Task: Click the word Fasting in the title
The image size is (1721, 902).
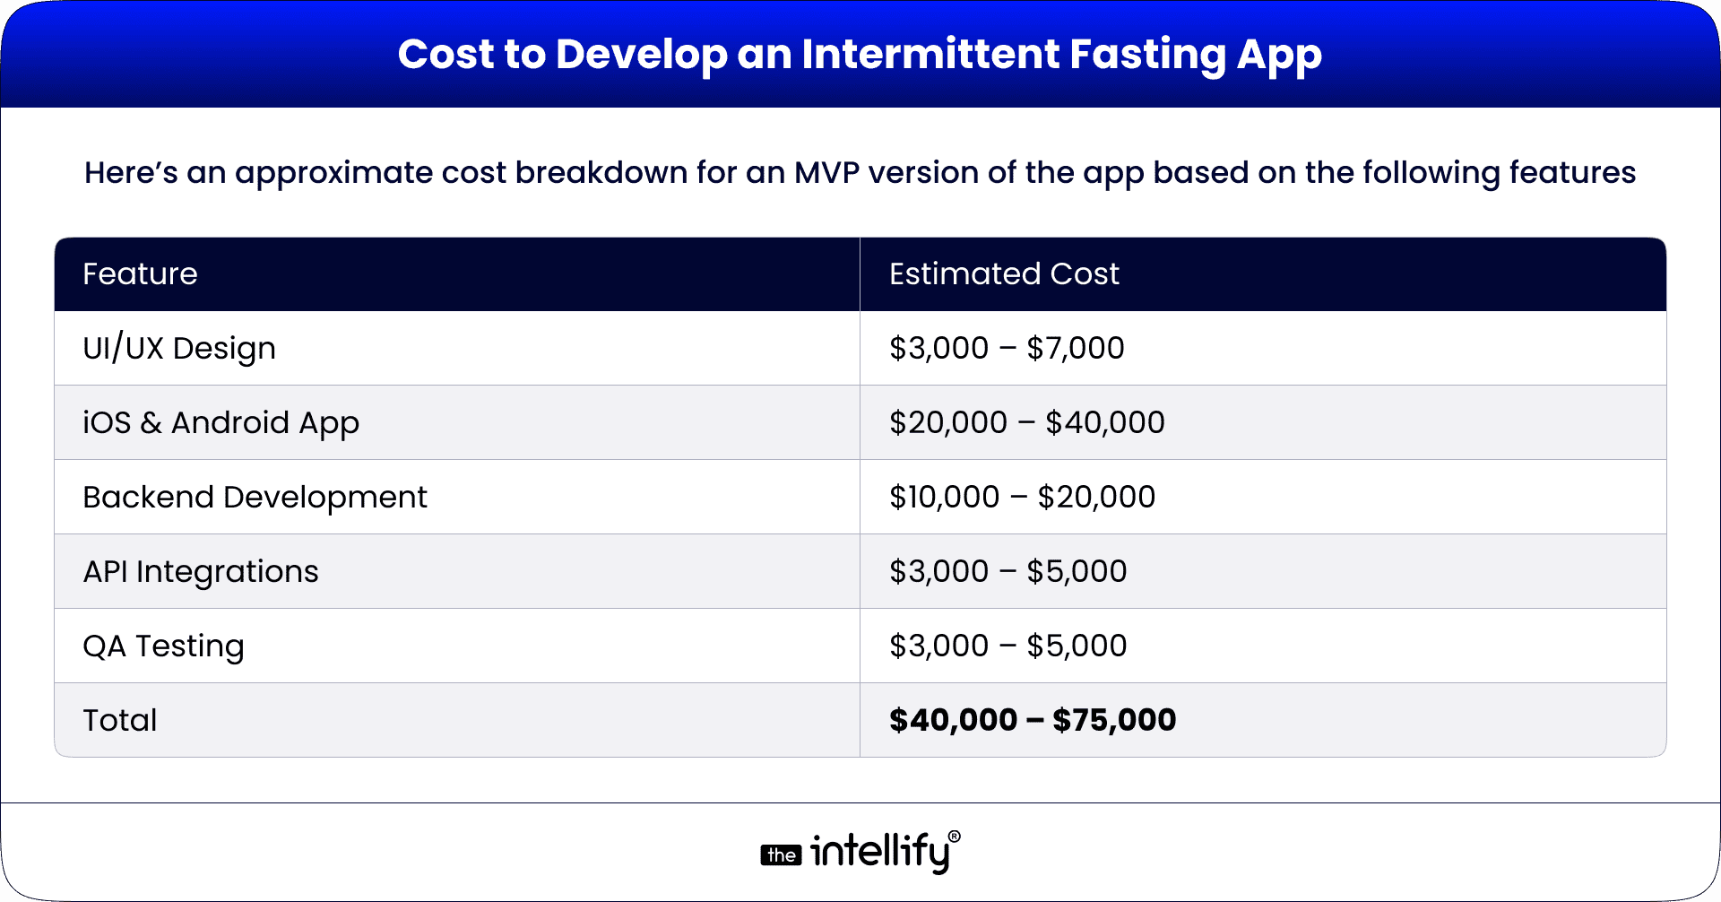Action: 1147,55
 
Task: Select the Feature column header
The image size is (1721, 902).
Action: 140,274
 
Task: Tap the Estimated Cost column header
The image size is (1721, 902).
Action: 1004,274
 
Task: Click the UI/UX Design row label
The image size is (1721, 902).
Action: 179,349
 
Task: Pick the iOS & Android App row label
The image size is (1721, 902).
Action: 221,423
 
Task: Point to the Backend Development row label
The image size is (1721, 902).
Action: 255,498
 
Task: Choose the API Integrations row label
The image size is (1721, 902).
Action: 201,572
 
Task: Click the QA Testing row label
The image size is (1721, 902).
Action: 163,646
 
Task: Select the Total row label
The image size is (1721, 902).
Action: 120,721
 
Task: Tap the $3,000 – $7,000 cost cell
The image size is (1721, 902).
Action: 1007,349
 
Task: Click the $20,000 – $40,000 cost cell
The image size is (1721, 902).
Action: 1026,423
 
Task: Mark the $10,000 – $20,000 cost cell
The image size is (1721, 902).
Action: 1022,498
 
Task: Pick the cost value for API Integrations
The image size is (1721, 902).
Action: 1008,572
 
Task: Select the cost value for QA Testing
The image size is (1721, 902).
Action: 1008,646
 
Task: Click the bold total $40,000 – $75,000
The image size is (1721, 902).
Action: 1033,720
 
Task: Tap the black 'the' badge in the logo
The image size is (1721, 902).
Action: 781,855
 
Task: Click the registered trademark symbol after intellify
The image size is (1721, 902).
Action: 955,837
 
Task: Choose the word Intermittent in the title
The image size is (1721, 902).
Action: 930,55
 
